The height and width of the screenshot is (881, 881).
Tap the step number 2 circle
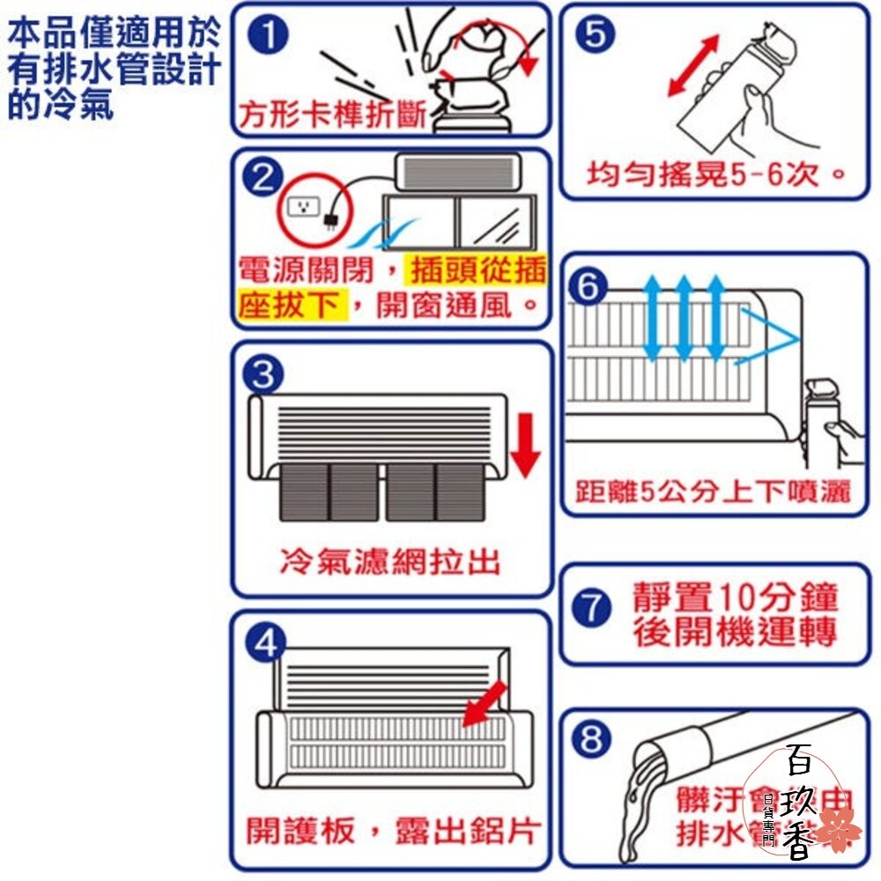(x=262, y=179)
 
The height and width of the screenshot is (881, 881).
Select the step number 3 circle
(x=262, y=375)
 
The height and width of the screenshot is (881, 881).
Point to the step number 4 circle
(x=263, y=644)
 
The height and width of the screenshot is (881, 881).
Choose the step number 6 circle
(x=589, y=287)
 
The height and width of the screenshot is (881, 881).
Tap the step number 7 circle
(x=593, y=610)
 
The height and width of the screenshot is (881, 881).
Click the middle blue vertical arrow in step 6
(x=683, y=318)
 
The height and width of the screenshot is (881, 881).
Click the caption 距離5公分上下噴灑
(x=714, y=492)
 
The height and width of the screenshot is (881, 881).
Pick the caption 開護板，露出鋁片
(x=392, y=829)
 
